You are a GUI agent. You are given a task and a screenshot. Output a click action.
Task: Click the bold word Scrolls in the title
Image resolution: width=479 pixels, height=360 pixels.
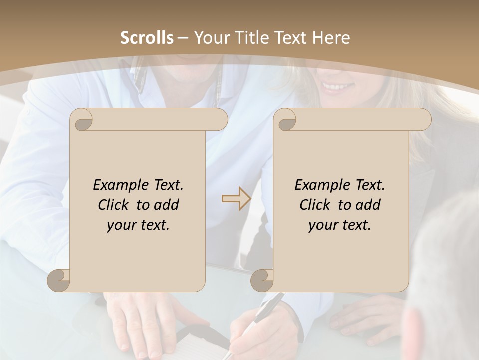147,38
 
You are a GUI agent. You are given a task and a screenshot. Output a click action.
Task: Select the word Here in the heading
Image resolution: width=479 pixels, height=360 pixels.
331,38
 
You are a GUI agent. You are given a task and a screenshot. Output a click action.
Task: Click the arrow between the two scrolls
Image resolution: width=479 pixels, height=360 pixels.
236,199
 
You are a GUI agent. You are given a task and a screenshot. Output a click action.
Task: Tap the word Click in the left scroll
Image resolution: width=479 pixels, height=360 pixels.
115,205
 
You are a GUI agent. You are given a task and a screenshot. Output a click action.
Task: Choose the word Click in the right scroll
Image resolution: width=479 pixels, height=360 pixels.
316,205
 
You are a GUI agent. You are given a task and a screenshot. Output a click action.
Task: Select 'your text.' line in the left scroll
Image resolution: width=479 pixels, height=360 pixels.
138,225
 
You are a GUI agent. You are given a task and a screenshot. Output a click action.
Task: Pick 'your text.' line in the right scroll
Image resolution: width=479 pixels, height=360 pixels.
340,225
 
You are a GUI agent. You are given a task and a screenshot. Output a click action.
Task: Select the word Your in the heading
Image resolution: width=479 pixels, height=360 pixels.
210,38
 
